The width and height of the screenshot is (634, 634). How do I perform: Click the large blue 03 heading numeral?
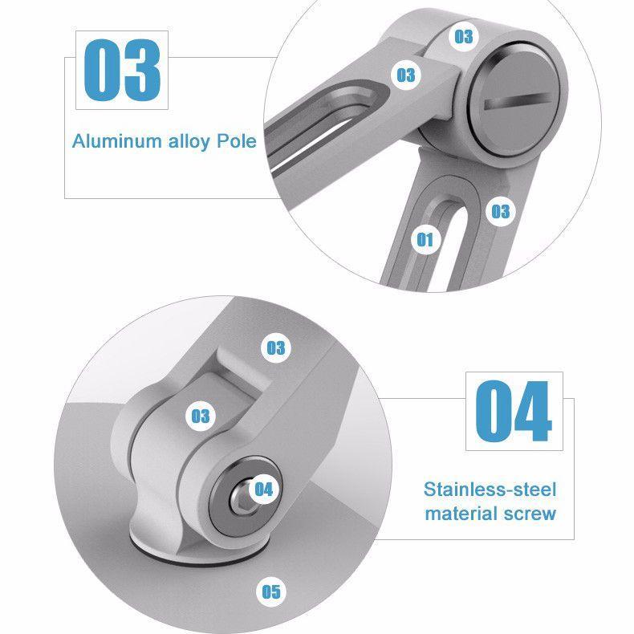click(122, 70)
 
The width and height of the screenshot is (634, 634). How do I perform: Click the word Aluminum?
click(117, 141)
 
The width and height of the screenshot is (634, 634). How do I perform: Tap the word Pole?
click(237, 141)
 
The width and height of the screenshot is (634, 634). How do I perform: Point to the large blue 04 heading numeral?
click(514, 411)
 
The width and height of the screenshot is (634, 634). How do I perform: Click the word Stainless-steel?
click(490, 490)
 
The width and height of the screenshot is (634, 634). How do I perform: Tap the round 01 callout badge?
click(425, 239)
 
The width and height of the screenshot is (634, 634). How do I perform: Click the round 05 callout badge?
click(271, 591)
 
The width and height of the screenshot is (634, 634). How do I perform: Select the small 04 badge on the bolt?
click(263, 490)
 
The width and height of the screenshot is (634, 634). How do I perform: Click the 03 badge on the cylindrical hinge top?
click(463, 36)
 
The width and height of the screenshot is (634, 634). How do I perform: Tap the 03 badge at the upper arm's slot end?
click(405, 75)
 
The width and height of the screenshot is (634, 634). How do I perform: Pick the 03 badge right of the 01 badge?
click(500, 211)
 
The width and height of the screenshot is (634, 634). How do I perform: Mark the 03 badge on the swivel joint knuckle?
click(200, 416)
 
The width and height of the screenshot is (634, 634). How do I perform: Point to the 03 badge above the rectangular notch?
click(276, 347)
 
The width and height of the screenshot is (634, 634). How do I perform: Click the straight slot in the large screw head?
click(517, 100)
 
